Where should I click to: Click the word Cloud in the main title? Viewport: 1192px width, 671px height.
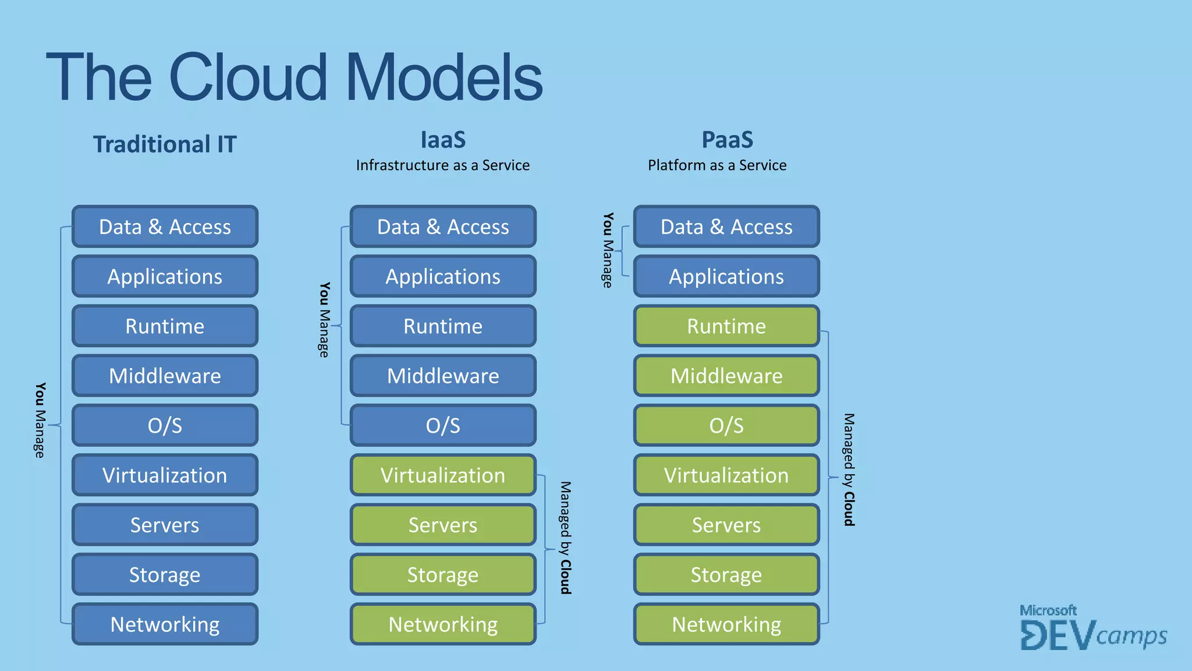[x=249, y=77]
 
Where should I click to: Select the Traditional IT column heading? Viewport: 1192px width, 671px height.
[x=165, y=144]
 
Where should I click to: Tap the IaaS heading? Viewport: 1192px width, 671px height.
[x=443, y=140]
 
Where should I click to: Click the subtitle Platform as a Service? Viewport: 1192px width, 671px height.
[x=717, y=165]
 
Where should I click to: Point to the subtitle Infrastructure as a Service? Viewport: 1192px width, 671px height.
[x=443, y=165]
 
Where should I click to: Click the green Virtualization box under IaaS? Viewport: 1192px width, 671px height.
[x=443, y=475]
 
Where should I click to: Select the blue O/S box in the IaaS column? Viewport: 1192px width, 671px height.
[x=443, y=425]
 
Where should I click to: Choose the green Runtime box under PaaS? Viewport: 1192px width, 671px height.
[x=726, y=326]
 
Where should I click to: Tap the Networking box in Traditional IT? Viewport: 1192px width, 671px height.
[x=165, y=624]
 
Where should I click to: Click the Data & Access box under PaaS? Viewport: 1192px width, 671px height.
[x=726, y=227]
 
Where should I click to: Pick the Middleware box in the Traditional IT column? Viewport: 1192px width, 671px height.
[x=165, y=376]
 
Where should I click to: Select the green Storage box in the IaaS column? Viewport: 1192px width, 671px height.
[x=443, y=575]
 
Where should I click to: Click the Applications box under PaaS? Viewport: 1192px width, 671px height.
[x=726, y=277]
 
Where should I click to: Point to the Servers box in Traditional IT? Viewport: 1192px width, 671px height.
[x=165, y=525]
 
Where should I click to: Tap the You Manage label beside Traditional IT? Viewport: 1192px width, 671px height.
[x=40, y=420]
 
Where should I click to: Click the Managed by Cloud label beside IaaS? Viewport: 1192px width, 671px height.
[x=565, y=537]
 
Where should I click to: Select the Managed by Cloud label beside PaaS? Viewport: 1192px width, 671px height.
[x=849, y=469]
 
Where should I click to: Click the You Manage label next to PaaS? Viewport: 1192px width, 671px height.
[x=608, y=250]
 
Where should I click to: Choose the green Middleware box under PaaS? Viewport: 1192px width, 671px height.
[x=726, y=376]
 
